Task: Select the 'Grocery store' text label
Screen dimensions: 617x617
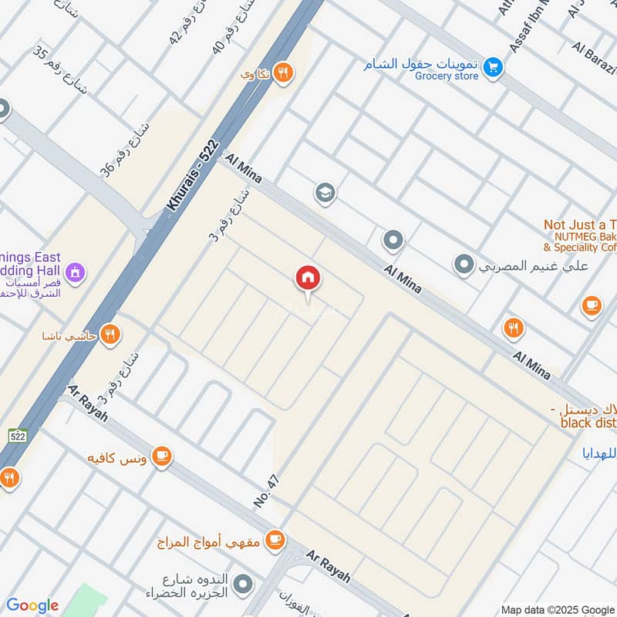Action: click(447, 76)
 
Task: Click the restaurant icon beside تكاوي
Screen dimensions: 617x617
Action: click(284, 72)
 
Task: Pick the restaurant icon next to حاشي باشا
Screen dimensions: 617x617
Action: click(111, 334)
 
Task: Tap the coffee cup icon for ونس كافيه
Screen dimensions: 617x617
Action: click(161, 457)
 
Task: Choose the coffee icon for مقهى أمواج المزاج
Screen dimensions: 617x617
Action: click(274, 541)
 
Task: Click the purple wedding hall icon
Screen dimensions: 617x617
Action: click(75, 271)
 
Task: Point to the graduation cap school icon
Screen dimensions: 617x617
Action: click(325, 191)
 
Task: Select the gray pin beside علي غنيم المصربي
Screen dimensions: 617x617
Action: click(463, 265)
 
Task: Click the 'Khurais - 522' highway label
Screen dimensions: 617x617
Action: click(193, 177)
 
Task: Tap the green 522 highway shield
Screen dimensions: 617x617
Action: click(18, 436)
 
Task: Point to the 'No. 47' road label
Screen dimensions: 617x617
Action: click(266, 491)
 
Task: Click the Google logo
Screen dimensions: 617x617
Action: click(32, 605)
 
